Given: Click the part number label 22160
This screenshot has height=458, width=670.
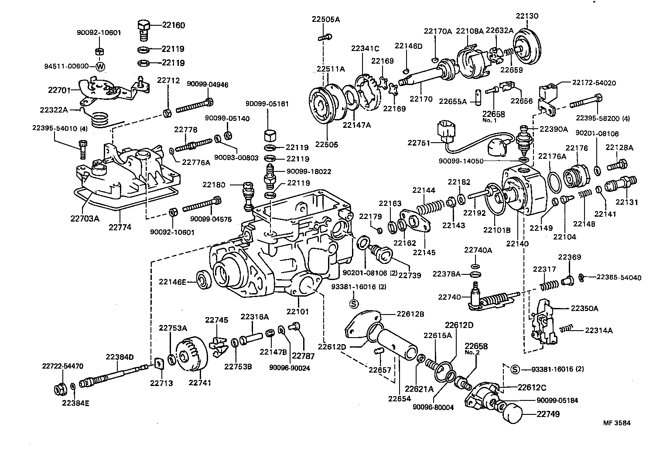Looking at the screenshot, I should [x=173, y=25].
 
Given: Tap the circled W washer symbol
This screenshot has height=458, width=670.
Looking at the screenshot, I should [x=100, y=67].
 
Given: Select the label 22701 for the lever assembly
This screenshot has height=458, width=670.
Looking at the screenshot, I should [x=58, y=90].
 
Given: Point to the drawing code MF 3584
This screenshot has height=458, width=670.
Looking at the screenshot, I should [x=617, y=423].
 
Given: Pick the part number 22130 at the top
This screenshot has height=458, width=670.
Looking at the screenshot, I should [x=527, y=16].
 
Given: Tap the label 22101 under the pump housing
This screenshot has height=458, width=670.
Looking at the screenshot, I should [x=297, y=311].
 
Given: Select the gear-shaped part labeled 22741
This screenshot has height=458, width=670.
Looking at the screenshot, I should [x=191, y=357].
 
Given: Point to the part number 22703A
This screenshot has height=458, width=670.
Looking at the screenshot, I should [x=85, y=218].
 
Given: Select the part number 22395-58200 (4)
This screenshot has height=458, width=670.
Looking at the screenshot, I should [x=597, y=118].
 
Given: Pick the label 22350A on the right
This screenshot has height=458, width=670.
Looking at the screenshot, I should [x=585, y=308].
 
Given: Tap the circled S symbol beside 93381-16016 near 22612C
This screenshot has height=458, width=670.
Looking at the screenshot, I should [x=515, y=369].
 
